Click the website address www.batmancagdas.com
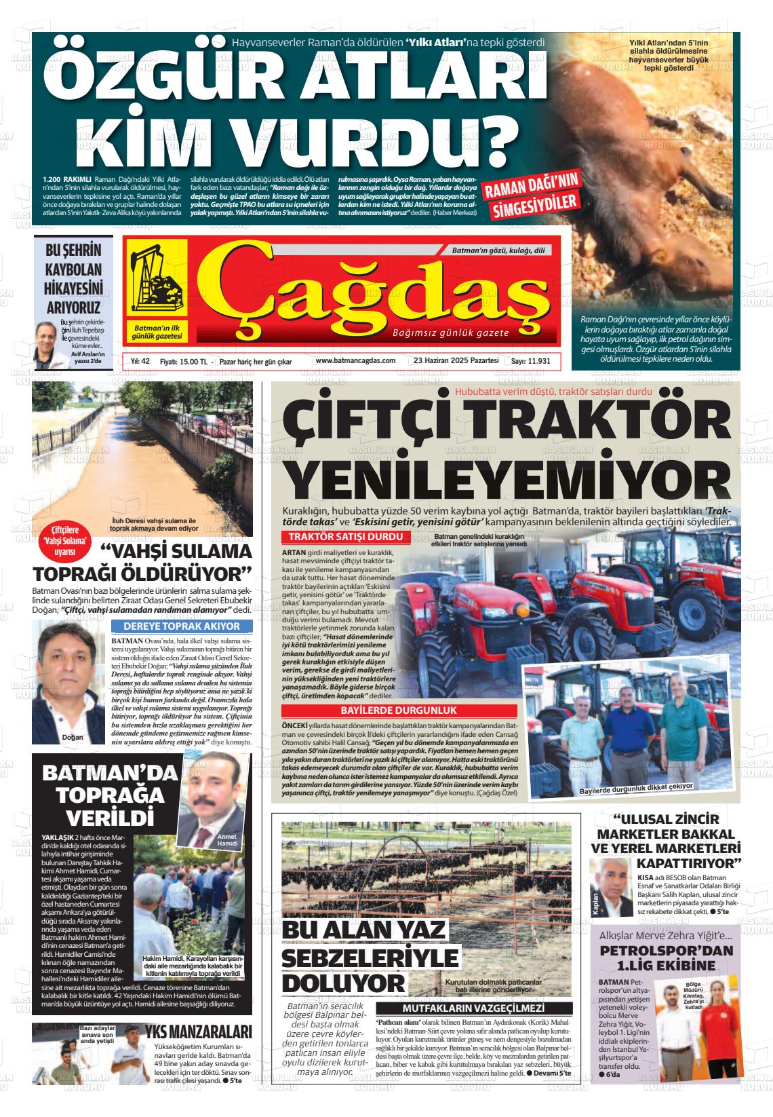tap(355, 361)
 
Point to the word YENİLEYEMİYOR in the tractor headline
tap(504, 478)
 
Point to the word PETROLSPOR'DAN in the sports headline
tap(667, 950)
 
